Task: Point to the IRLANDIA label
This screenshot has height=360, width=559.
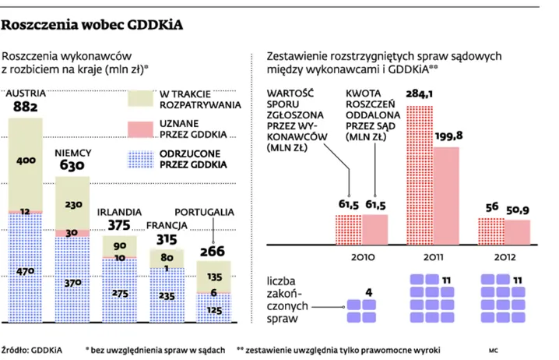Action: pyautogui.click(x=120, y=211)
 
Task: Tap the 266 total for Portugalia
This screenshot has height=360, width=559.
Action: pyautogui.click(x=211, y=251)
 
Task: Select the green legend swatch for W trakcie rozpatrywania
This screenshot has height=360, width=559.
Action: pyautogui.click(x=140, y=99)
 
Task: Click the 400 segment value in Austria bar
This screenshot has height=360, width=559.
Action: pyautogui.click(x=26, y=160)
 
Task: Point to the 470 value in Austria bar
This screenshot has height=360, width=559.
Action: pyautogui.click(x=26, y=272)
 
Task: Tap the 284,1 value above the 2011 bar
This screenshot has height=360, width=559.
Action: pyautogui.click(x=420, y=94)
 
